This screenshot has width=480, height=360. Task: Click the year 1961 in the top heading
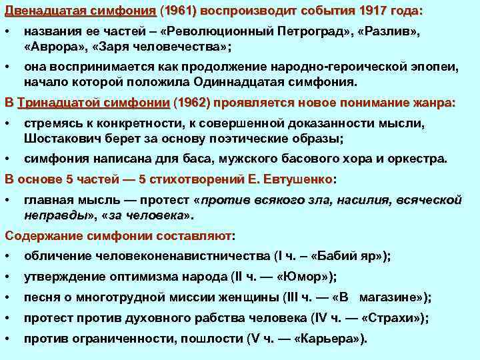click(179, 11)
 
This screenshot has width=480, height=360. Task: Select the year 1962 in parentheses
click(191, 103)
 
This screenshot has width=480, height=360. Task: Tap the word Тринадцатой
click(59, 103)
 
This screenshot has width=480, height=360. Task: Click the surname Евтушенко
click(297, 179)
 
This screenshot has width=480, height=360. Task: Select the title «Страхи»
click(398, 318)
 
